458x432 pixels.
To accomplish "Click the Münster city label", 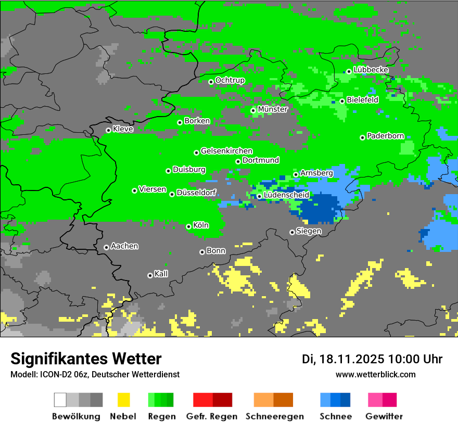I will [272, 109].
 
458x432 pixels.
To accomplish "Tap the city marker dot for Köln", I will [188, 226].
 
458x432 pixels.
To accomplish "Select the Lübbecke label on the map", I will [371, 70].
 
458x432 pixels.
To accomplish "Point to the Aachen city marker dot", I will [106, 247].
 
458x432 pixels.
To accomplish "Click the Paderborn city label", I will [385, 136].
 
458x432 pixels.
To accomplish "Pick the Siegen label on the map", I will [309, 231].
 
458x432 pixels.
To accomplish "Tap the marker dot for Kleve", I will [108, 130].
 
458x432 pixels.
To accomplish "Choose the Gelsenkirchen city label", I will [226, 151].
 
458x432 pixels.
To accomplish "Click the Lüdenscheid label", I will [286, 195].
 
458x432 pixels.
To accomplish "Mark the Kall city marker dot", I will [150, 275].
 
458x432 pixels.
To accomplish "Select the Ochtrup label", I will [230, 80].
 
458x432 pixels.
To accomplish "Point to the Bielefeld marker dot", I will [342, 101].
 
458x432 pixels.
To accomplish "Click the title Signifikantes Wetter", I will [86, 359].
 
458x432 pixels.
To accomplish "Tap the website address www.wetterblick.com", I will [375, 374].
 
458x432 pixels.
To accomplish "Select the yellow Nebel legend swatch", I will [123, 400].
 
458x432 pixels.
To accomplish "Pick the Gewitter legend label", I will [384, 416].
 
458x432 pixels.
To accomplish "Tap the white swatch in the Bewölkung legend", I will [60, 400].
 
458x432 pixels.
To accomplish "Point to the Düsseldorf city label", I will [196, 193].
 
